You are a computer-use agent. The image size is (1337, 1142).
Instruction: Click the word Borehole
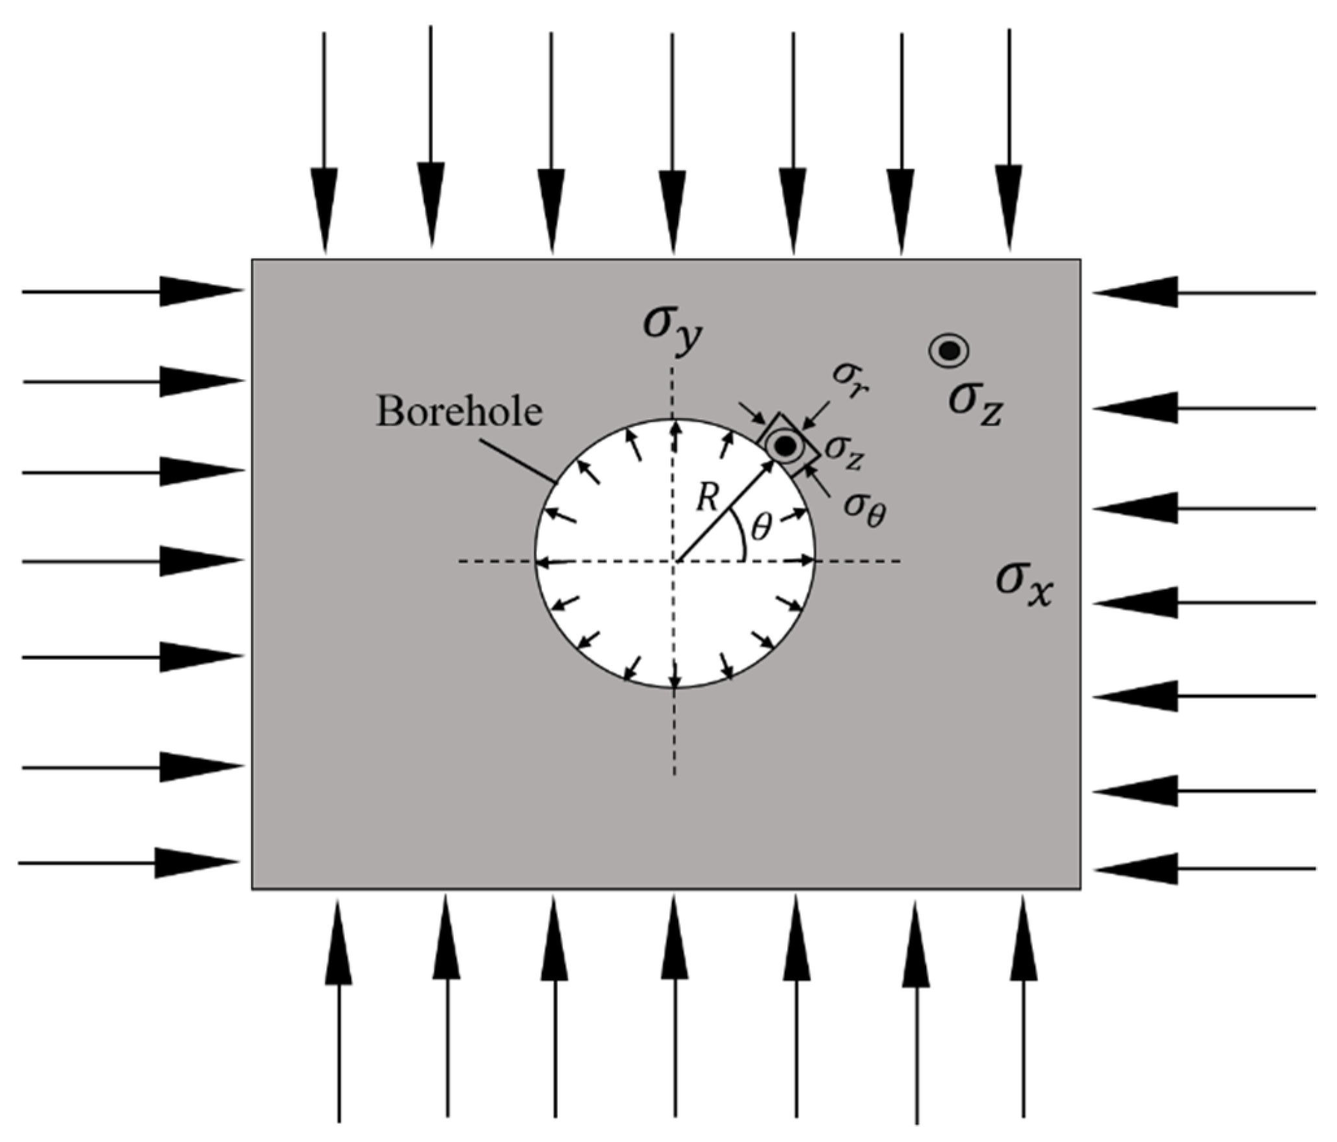click(460, 411)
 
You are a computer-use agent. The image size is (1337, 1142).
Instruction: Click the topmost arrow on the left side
click(130, 292)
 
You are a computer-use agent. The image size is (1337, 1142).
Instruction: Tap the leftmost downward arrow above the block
click(325, 143)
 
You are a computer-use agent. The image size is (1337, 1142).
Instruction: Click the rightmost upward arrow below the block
click(1024, 1006)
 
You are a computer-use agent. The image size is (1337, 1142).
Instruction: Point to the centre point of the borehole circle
click(675, 560)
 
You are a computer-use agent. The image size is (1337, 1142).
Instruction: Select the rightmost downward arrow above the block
click(1009, 143)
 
